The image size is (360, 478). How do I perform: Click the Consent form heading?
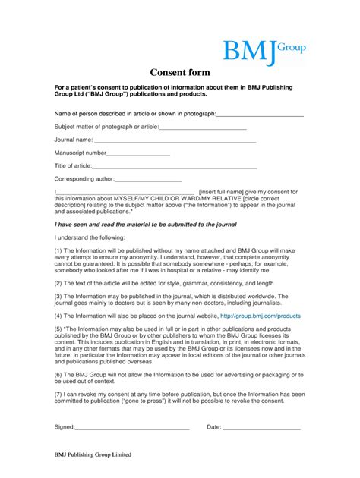tap(180, 74)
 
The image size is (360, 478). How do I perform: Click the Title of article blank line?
tap(175, 166)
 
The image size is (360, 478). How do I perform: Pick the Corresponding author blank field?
tap(148, 180)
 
